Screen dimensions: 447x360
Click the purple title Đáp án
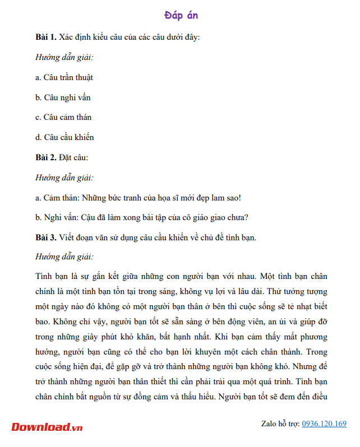pyautogui.click(x=181, y=15)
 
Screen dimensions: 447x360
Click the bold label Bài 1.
pyautogui.click(x=45, y=38)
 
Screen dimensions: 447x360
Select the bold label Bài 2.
pyautogui.click(x=45, y=157)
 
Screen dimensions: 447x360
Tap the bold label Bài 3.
pyautogui.click(x=45, y=238)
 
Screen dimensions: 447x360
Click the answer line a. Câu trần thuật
pyautogui.click(x=64, y=77)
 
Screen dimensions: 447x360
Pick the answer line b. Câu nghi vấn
pyautogui.click(x=63, y=97)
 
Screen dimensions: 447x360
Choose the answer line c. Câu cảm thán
pyautogui.click(x=63, y=117)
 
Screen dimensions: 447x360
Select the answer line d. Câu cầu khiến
pyautogui.click(x=64, y=137)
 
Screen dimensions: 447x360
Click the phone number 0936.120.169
pyautogui.click(x=324, y=423)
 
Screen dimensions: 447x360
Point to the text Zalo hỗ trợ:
pyautogui.click(x=280, y=423)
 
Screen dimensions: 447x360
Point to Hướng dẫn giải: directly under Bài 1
pyautogui.click(x=64, y=57)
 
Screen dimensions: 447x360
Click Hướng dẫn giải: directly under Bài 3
pyautogui.click(x=64, y=257)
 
